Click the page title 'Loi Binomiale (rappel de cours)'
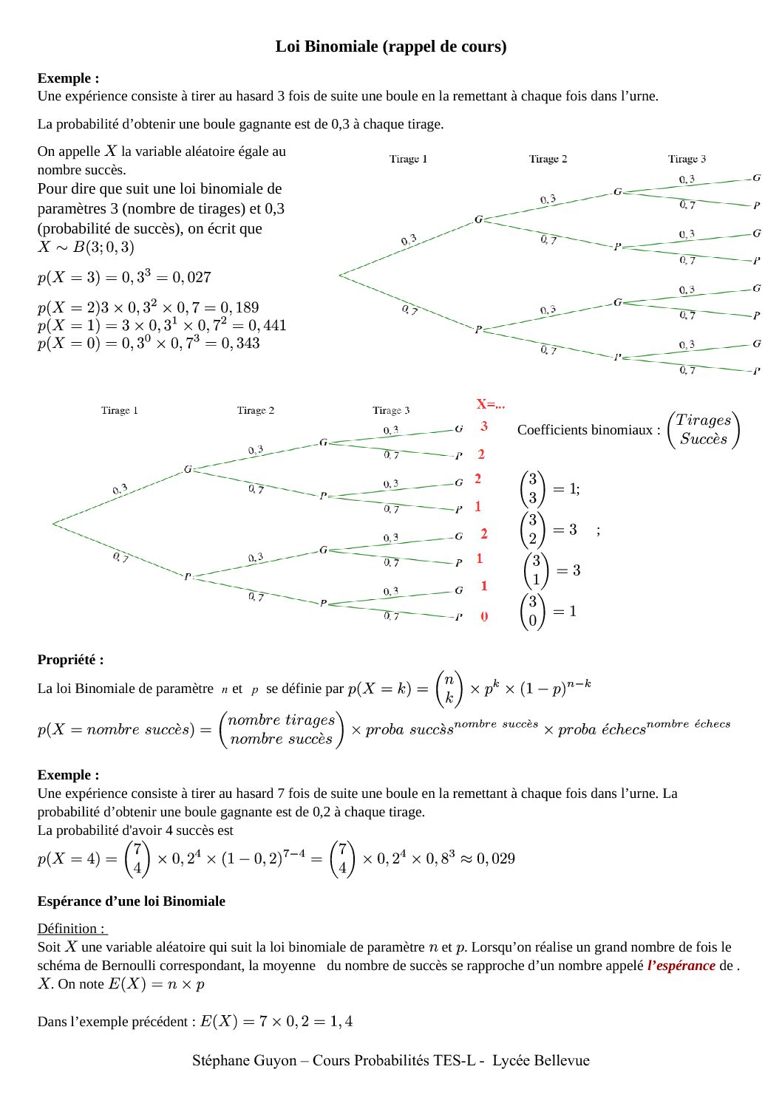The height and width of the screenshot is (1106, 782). point(391,47)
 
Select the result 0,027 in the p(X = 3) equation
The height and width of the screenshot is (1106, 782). point(191,278)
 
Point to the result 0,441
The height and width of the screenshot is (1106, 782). point(267,325)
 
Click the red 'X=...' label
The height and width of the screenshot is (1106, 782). point(491,404)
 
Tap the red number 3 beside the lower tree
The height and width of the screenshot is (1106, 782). point(484,426)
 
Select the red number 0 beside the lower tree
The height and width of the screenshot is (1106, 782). point(484,616)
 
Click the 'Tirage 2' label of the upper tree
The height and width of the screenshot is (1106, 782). point(548,159)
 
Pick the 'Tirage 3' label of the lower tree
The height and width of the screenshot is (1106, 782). point(391,411)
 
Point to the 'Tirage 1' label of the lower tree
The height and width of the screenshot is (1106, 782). point(120,411)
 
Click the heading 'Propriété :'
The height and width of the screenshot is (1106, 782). point(70,660)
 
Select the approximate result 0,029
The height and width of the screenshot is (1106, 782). point(495,858)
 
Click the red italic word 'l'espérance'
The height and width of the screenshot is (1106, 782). point(681,965)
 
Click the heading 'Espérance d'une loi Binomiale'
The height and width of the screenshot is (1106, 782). point(131,901)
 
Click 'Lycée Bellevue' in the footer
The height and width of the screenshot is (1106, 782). point(541,1061)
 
